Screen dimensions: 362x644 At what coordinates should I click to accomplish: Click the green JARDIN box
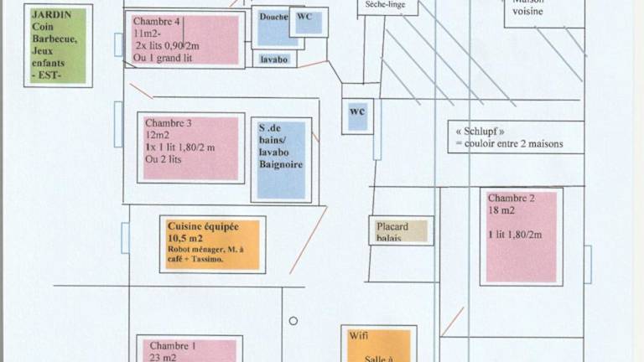click(x=58, y=45)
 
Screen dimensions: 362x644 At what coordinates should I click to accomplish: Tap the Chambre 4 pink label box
click(x=185, y=39)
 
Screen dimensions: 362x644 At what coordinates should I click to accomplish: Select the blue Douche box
click(x=274, y=28)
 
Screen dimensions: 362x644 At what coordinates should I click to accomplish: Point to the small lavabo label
click(x=274, y=60)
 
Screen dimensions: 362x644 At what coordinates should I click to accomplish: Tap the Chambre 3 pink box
click(x=190, y=147)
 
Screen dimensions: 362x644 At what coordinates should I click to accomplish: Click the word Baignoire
click(x=281, y=165)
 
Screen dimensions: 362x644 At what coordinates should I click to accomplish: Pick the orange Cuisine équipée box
click(x=212, y=244)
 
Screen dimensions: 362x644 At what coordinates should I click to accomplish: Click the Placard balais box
click(x=400, y=231)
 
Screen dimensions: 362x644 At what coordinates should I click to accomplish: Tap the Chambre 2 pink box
click(x=521, y=236)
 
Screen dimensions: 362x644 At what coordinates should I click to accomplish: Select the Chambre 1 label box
click(x=190, y=349)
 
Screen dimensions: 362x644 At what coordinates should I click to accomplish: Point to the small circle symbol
click(x=293, y=320)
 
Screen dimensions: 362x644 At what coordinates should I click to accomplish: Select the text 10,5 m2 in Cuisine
click(x=185, y=238)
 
